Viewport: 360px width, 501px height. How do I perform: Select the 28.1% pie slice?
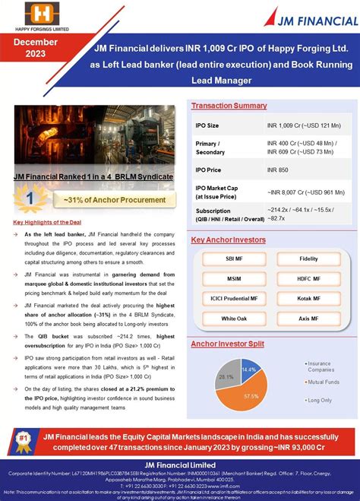tap(226, 376)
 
